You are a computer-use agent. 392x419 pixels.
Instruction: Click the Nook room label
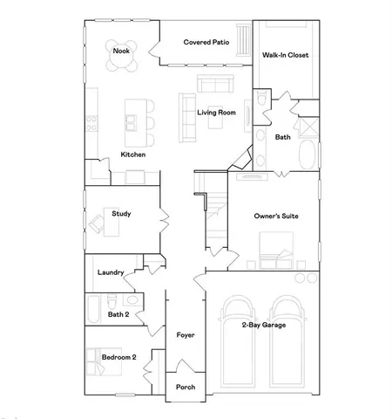point(122,52)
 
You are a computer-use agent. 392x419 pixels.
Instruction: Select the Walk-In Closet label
point(286,55)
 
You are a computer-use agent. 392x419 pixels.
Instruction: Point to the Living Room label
point(217,113)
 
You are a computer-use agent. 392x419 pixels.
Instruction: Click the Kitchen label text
point(132,155)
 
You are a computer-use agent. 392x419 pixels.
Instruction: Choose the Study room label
point(121,212)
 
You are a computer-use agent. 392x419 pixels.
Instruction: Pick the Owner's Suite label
point(277,216)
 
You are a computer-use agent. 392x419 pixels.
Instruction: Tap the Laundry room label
point(111,271)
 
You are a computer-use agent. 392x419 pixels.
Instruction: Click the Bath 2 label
point(118,313)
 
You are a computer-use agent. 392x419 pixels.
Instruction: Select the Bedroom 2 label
point(119,355)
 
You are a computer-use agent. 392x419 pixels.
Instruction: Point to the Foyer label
point(185,334)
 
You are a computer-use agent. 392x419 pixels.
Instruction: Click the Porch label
point(186,387)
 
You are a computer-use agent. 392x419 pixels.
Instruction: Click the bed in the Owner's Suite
point(277,260)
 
